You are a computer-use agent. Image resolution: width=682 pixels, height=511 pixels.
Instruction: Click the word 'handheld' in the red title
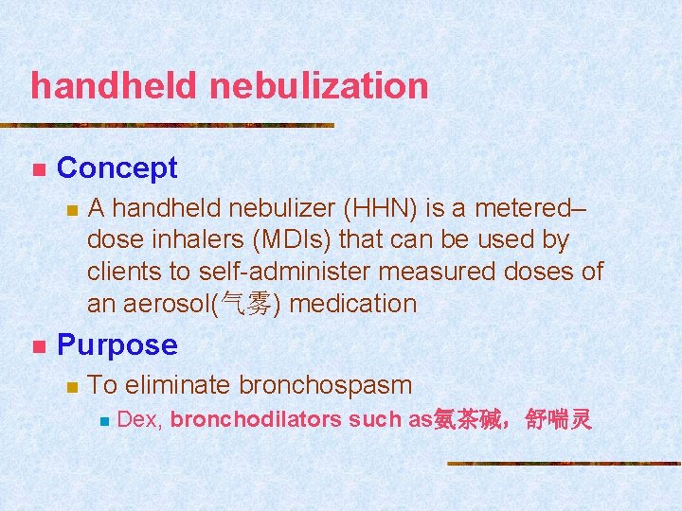[115, 86]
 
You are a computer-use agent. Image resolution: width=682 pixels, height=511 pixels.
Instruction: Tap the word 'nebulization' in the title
[319, 86]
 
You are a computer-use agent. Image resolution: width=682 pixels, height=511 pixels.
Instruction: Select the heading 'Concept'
[117, 168]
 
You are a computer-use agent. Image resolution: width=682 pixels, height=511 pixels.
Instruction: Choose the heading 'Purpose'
[117, 345]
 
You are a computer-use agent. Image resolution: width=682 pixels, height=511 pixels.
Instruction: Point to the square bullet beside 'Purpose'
[38, 347]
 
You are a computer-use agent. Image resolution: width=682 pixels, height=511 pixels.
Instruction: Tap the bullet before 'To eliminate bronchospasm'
[68, 387]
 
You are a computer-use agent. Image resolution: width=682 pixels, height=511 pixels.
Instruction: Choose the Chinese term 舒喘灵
[559, 419]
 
